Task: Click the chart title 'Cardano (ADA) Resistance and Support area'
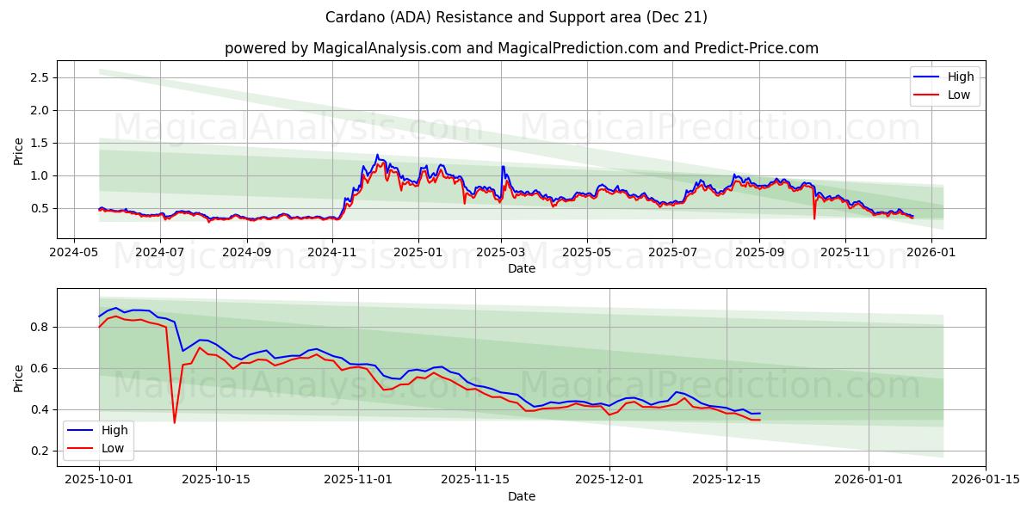pos(516,17)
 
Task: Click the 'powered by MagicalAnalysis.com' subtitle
pos(522,48)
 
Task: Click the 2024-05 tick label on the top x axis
pos(74,253)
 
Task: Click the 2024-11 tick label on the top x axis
pos(331,253)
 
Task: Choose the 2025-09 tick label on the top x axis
pos(759,253)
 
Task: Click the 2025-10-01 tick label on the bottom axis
pos(99,480)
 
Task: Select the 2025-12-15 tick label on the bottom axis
pos(727,480)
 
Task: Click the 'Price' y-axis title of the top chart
pos(19,151)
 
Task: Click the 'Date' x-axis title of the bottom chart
pos(522,496)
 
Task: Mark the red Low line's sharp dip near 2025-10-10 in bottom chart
pos(175,422)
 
